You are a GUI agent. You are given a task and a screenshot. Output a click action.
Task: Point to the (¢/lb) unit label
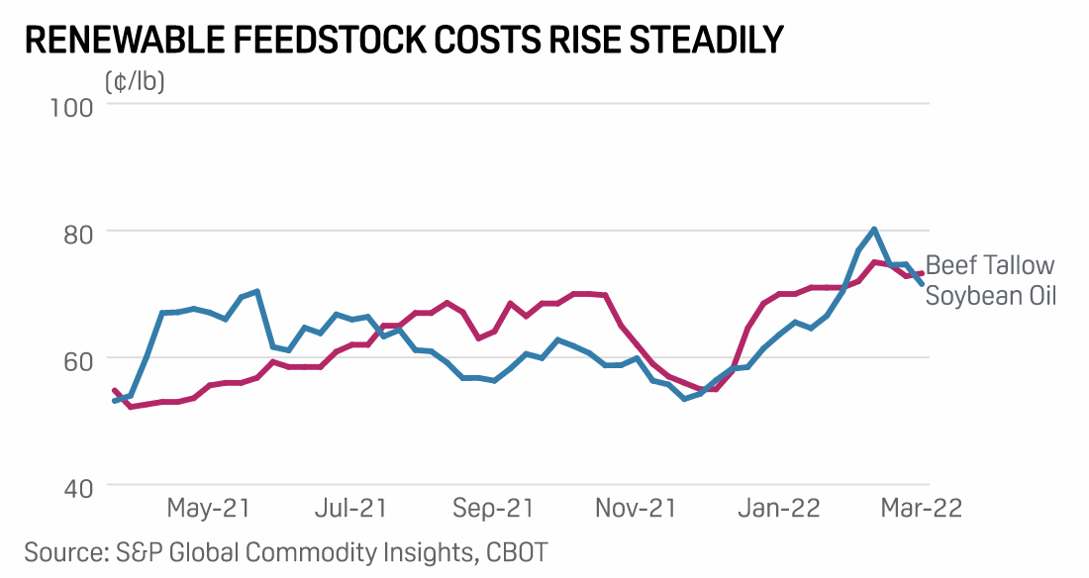(135, 82)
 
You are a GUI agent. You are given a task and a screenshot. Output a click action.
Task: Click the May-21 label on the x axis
(209, 508)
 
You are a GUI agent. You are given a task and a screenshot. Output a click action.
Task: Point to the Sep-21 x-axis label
(493, 508)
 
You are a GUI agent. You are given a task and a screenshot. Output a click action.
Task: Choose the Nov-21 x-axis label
(636, 508)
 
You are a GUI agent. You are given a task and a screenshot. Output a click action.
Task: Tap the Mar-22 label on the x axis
(920, 508)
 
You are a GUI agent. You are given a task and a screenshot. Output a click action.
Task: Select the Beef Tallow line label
(990, 265)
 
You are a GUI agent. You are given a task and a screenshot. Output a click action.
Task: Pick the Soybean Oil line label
(991, 295)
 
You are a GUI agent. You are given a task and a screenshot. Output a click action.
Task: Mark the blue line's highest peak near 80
(874, 230)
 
